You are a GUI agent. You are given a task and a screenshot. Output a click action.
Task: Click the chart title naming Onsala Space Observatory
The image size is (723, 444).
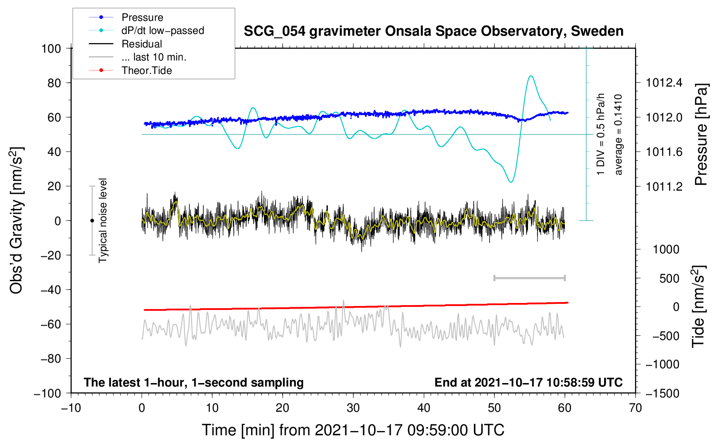point(433,31)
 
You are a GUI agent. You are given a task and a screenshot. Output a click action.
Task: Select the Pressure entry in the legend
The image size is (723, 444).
point(142,17)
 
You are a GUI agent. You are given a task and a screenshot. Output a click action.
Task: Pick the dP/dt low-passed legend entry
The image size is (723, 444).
point(162,30)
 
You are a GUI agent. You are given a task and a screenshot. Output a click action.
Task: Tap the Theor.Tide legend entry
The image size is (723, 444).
point(146,71)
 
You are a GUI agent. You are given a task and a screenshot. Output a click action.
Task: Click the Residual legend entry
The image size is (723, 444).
point(142,44)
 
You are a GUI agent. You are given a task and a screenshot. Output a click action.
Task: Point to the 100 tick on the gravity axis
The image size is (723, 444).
point(51,48)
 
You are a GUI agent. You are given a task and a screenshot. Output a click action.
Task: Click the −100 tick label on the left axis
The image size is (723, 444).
point(47,393)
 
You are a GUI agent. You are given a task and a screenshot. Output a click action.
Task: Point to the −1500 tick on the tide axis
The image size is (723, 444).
point(662,393)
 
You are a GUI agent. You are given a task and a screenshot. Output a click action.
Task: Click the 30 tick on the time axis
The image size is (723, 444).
point(353,408)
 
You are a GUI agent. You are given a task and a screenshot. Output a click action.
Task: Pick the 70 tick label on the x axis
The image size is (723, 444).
point(635,408)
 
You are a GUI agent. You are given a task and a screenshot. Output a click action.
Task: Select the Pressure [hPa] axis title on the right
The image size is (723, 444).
point(701,135)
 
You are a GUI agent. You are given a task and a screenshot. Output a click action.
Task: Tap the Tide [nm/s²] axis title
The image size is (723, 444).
point(698,306)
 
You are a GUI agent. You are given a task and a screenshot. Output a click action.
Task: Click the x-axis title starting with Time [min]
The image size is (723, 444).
point(353,430)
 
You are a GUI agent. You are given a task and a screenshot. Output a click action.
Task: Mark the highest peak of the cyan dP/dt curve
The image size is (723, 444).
point(530,76)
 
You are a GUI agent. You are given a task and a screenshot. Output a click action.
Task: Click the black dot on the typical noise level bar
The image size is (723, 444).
point(92,221)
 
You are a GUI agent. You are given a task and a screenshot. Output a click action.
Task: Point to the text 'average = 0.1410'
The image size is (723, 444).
point(618,135)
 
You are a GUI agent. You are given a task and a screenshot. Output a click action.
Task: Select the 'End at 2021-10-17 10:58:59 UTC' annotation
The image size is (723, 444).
point(528,382)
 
